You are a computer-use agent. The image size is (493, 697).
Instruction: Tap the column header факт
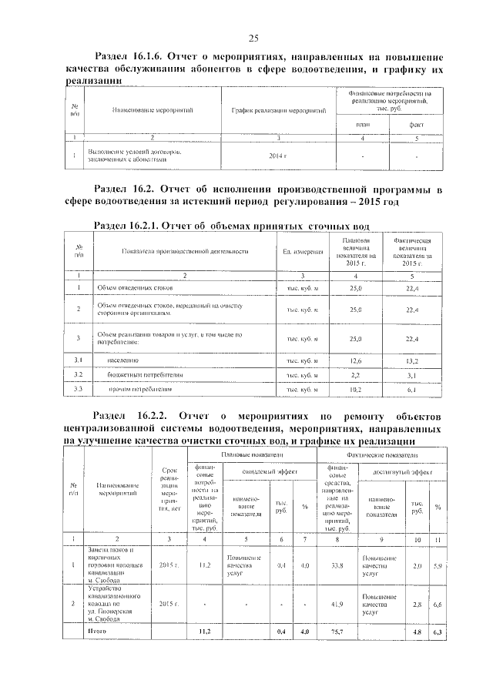point(416,125)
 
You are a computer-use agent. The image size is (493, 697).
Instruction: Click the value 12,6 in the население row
point(356,360)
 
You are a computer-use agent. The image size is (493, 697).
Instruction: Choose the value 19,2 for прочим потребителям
point(356,389)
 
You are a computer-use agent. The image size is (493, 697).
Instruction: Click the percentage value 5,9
point(438,566)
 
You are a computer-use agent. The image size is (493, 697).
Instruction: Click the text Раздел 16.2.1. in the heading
point(129,226)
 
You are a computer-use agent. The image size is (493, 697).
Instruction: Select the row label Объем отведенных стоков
point(134,288)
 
